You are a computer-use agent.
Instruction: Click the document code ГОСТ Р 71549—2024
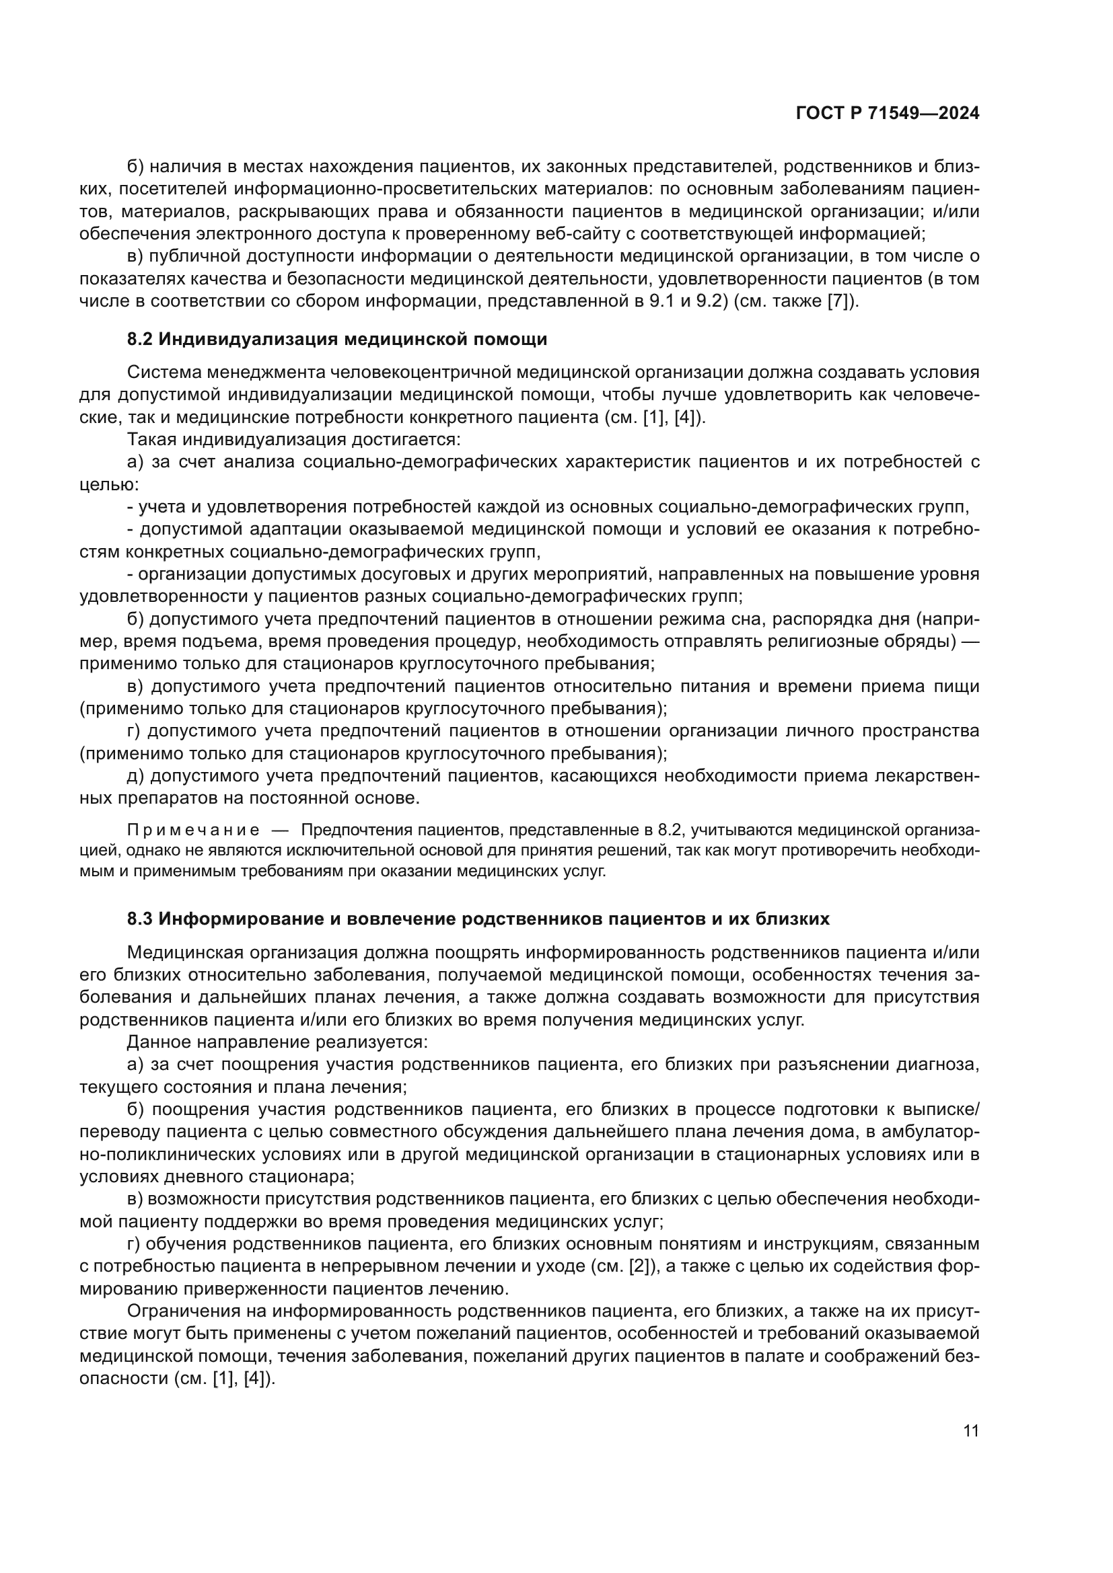click(888, 114)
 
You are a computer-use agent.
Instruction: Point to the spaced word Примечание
click(193, 831)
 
